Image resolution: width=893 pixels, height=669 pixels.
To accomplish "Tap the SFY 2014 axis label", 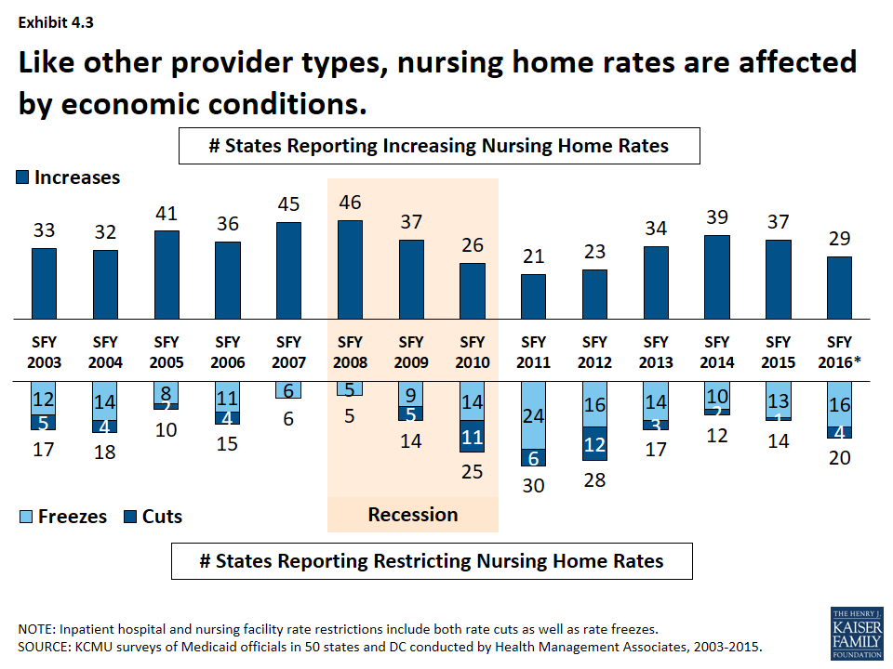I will click(717, 352).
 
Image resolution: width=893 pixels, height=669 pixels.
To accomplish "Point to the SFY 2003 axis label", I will click(45, 352).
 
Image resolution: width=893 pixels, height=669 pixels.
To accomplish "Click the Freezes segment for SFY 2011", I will click(534, 415).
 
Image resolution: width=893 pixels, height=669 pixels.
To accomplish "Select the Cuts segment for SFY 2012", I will click(594, 444).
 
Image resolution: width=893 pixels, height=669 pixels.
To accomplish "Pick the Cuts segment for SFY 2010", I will click(473, 436).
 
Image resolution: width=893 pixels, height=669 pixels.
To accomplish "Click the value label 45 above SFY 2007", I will click(288, 203).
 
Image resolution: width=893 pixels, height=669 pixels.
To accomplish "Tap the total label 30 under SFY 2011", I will click(534, 484).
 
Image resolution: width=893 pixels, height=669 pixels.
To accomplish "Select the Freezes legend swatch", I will click(25, 517).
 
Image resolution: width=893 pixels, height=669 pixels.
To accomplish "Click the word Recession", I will click(413, 515).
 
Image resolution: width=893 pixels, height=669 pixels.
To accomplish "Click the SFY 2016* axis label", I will click(840, 352).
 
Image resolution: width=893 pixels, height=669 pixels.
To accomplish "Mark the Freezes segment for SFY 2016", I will click(840, 403).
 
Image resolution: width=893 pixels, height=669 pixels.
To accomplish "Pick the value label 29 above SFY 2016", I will click(840, 239).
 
